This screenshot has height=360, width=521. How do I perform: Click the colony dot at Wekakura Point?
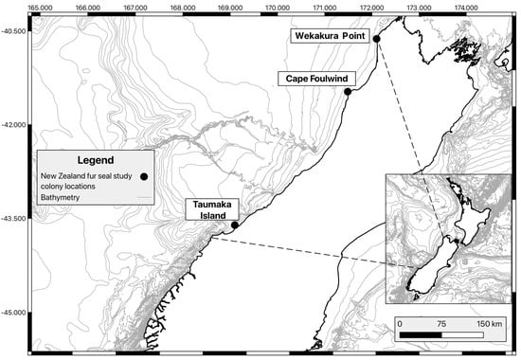pyautogui.click(x=377, y=39)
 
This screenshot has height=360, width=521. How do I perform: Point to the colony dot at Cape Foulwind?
pyautogui.click(x=348, y=92)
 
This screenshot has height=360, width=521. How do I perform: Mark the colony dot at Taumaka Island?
pyautogui.click(x=235, y=225)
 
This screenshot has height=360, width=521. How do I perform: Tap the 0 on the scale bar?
pyautogui.click(x=400, y=325)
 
